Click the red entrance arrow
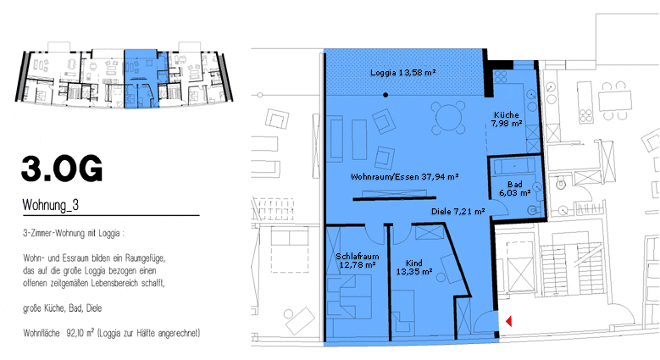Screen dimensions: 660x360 point(508,321)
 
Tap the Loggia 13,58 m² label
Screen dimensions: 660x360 point(402,72)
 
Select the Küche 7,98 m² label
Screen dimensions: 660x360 point(507,119)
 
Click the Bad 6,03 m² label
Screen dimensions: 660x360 point(515,189)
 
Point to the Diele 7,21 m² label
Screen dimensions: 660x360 point(458,212)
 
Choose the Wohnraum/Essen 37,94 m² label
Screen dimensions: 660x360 point(404,177)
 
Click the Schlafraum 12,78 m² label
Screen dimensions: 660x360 point(358,261)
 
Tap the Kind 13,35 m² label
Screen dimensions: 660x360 point(414,268)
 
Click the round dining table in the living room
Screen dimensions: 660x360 point(449,117)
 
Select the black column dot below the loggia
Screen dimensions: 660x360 point(385,95)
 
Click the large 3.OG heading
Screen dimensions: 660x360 point(62,169)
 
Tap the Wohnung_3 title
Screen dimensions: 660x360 point(51,205)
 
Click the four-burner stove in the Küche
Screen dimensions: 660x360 point(501,76)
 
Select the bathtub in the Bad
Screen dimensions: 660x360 point(514,167)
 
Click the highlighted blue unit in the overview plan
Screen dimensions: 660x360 point(141,79)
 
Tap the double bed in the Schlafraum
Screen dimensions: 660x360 point(350,296)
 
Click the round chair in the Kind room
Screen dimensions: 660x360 point(441,278)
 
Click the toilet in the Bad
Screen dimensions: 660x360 point(533,210)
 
